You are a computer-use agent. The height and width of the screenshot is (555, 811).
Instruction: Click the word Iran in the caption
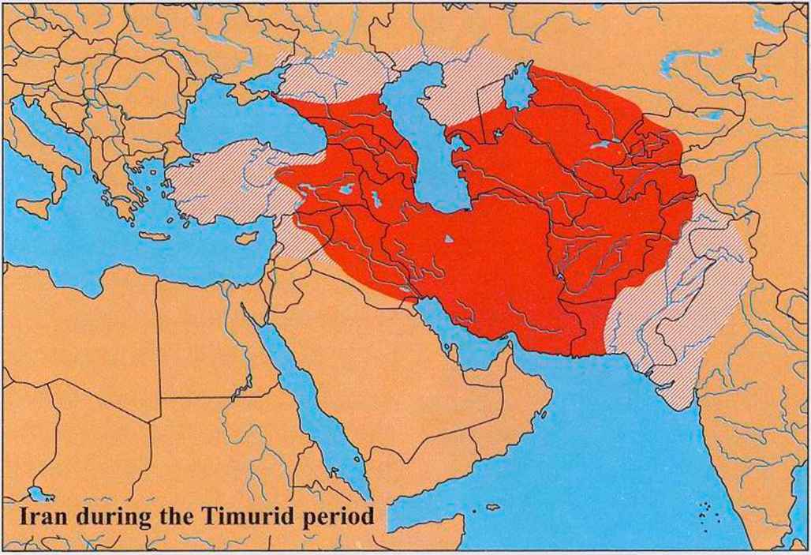39,519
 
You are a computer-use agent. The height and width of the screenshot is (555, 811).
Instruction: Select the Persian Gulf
465,332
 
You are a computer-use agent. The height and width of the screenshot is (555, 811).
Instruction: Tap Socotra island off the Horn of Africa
491,507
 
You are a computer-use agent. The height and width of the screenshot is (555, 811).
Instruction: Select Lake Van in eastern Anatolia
343,190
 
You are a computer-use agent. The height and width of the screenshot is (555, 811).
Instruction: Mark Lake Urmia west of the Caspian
376,201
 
